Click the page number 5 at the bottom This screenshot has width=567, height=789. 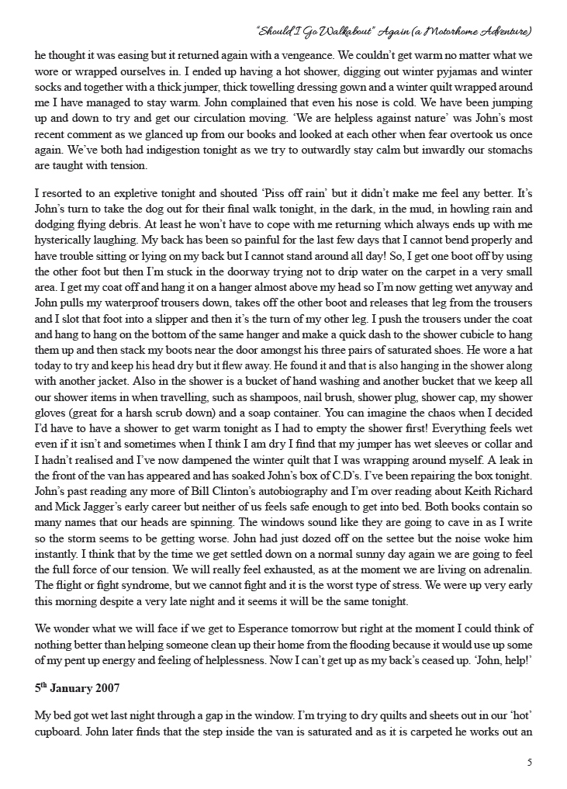point(529,762)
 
